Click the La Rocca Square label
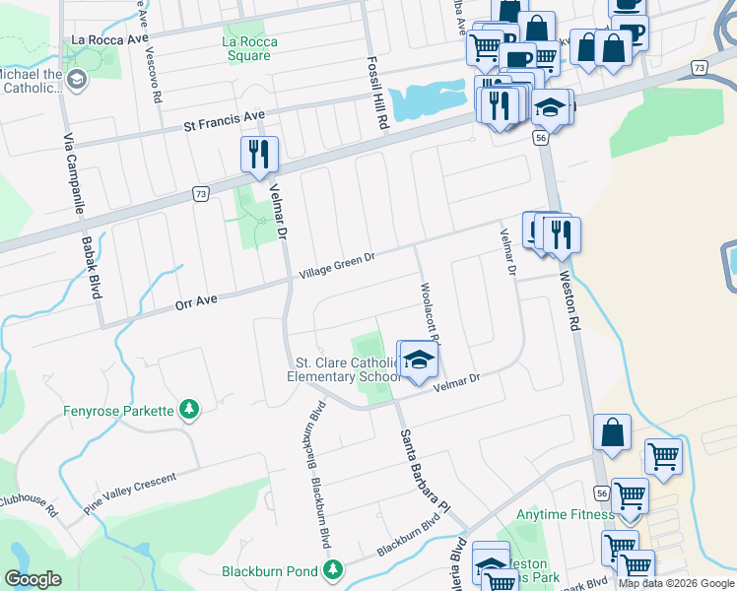(249, 48)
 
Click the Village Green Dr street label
(338, 265)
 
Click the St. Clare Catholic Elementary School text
(343, 369)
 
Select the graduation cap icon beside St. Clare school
(419, 360)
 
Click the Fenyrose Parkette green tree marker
(188, 409)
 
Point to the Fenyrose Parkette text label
(118, 410)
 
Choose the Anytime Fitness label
(568, 514)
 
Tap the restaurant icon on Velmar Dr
(259, 155)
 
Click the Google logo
(33, 579)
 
